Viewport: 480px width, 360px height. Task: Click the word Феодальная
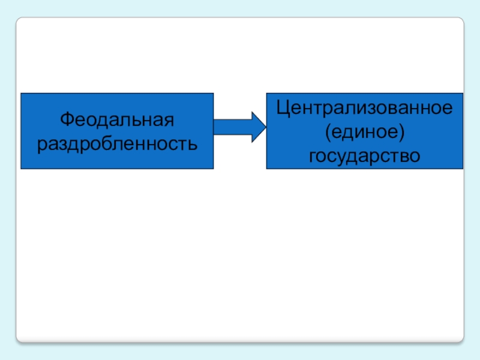pos(117,119)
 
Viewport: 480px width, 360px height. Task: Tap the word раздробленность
pos(117,144)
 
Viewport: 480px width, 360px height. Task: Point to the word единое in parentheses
pos(365,132)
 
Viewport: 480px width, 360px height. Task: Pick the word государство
pos(364,156)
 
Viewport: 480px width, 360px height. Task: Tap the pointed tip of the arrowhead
pos(263,127)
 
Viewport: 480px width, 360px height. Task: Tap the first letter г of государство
pos(313,157)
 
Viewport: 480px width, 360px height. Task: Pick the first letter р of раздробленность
pos(42,145)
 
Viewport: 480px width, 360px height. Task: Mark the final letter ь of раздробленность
pos(193,144)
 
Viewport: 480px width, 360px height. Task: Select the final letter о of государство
pos(415,157)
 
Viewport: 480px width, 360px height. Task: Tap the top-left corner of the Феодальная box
pos(21,93)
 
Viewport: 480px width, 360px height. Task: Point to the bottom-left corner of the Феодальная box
pos(21,168)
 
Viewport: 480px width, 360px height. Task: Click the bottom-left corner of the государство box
pos(266,168)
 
